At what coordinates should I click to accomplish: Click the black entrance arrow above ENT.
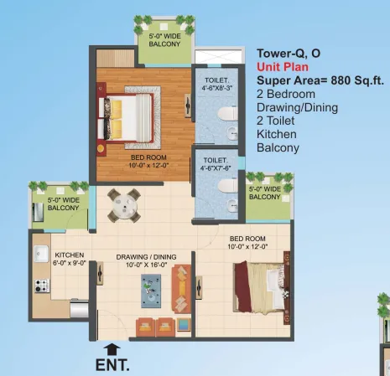pos(112,349)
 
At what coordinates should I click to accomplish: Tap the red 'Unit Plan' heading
pos(283,67)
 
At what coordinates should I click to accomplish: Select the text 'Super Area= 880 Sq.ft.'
pos(320,80)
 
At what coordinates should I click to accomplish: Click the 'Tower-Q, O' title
pos(289,54)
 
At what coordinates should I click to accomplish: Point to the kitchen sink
pos(41,254)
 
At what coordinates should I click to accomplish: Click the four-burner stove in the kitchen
pos(42,286)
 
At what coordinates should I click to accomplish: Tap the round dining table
pos(124,206)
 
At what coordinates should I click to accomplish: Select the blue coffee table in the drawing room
pos(151,291)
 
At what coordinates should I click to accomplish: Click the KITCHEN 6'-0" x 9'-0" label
pos(70,259)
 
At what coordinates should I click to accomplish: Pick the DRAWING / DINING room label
pos(146,260)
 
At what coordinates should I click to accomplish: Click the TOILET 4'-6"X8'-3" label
pos(216,84)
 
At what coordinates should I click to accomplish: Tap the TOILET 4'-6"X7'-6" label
pos(216,164)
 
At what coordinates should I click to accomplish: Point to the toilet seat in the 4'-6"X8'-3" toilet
pos(227,113)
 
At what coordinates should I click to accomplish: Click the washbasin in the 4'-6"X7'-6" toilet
pos(232,205)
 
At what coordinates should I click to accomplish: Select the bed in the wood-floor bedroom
pos(126,117)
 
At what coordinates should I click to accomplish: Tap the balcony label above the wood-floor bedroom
pos(164,40)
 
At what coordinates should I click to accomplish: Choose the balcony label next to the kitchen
pos(64,203)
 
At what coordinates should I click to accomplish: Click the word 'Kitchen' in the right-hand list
pos(277,134)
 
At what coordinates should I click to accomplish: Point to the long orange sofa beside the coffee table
pos(181,289)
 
